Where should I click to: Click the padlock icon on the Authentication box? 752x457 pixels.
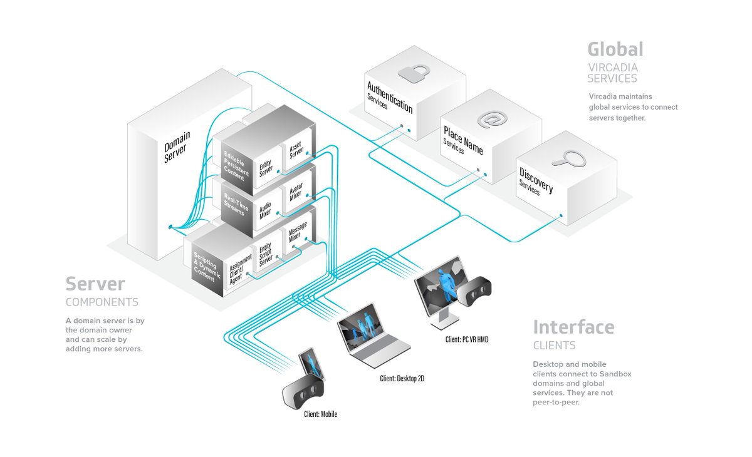[x=414, y=74]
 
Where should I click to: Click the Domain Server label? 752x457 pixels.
[x=177, y=148]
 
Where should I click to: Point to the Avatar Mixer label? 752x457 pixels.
[x=295, y=194]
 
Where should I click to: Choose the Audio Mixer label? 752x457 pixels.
[x=266, y=207]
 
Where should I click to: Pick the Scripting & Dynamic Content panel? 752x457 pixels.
[x=208, y=264]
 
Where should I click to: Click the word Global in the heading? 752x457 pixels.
[x=615, y=49]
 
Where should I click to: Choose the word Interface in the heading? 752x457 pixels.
[x=573, y=327]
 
